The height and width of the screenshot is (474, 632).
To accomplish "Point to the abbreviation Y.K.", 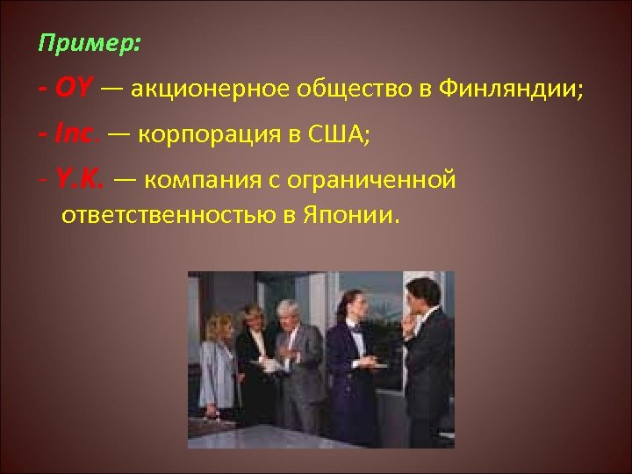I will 80,181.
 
